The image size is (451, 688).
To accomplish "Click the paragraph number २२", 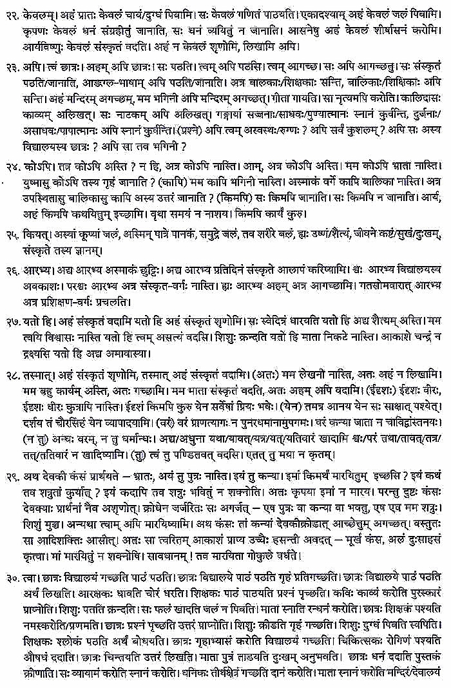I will (x=12, y=11).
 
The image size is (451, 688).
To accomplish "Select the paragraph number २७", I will (x=12, y=320).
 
